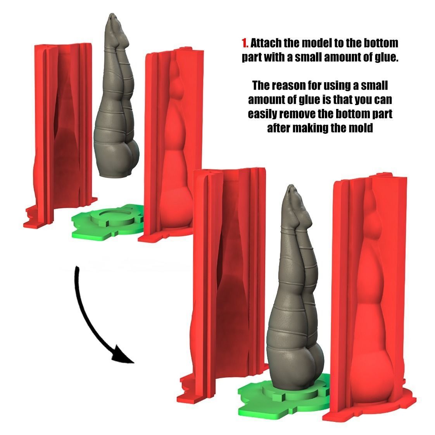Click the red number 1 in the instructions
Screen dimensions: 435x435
244,42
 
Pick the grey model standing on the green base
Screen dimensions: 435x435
295,302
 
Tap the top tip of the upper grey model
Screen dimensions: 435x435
112,16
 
